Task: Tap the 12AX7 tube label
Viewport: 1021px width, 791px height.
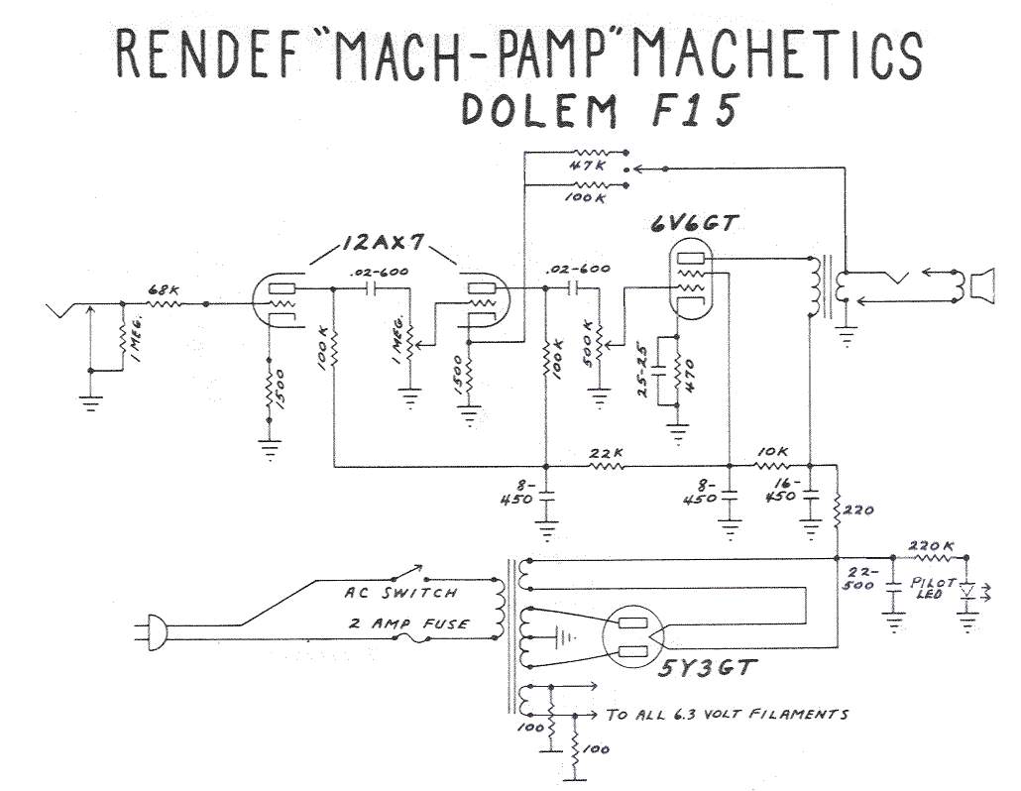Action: tap(382, 244)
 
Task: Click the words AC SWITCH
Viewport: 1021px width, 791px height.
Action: tap(400, 593)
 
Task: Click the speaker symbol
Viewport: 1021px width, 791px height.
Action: tap(981, 285)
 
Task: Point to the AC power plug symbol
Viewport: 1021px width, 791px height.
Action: tap(155, 626)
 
